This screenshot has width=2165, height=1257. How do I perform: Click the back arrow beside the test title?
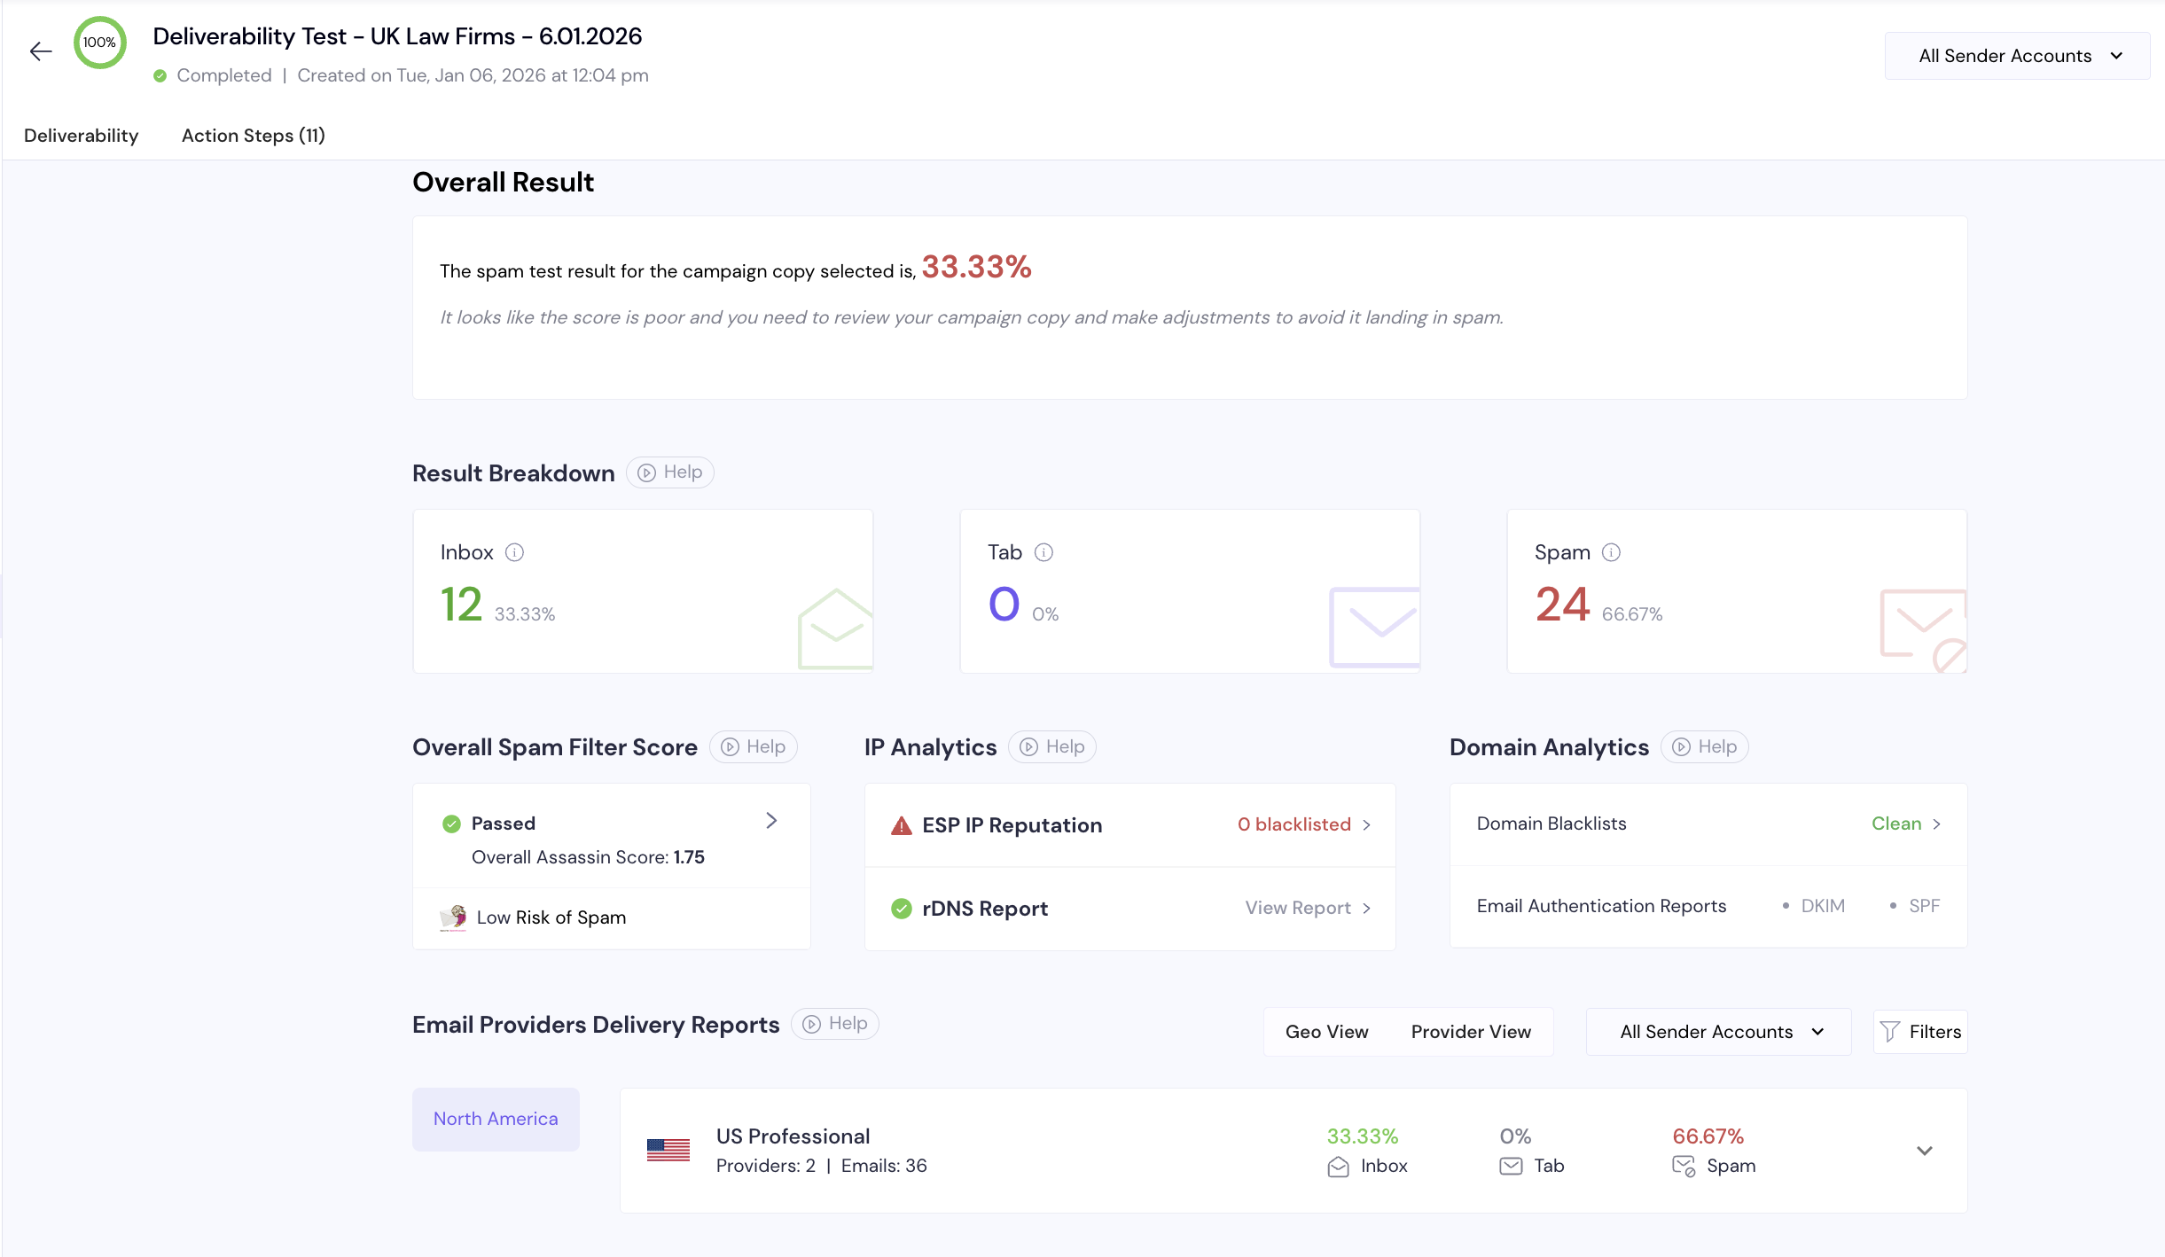(41, 51)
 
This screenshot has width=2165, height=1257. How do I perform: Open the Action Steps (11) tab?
(254, 136)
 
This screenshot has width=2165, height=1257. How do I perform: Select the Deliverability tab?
(82, 136)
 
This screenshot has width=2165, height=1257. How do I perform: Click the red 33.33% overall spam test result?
(976, 267)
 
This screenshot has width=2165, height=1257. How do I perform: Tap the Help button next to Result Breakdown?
(670, 472)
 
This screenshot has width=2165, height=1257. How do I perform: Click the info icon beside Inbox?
(514, 552)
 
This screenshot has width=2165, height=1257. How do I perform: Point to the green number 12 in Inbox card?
(462, 605)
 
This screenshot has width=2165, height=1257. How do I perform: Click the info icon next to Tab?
(1043, 552)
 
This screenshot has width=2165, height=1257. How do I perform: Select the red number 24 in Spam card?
(1562, 605)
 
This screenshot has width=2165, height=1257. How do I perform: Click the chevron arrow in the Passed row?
(771, 821)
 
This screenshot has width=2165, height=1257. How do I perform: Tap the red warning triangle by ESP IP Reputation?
(902, 825)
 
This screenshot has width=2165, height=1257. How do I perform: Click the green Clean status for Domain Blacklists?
(1896, 824)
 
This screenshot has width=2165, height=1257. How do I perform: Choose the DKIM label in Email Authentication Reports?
(1823, 906)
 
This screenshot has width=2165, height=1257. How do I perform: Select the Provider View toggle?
(1471, 1032)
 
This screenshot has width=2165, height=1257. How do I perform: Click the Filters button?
(1920, 1032)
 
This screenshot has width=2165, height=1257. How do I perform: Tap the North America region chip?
(496, 1119)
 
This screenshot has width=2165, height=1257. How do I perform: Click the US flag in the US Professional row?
(668, 1150)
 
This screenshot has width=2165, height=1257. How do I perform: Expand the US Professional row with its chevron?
(1924, 1151)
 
